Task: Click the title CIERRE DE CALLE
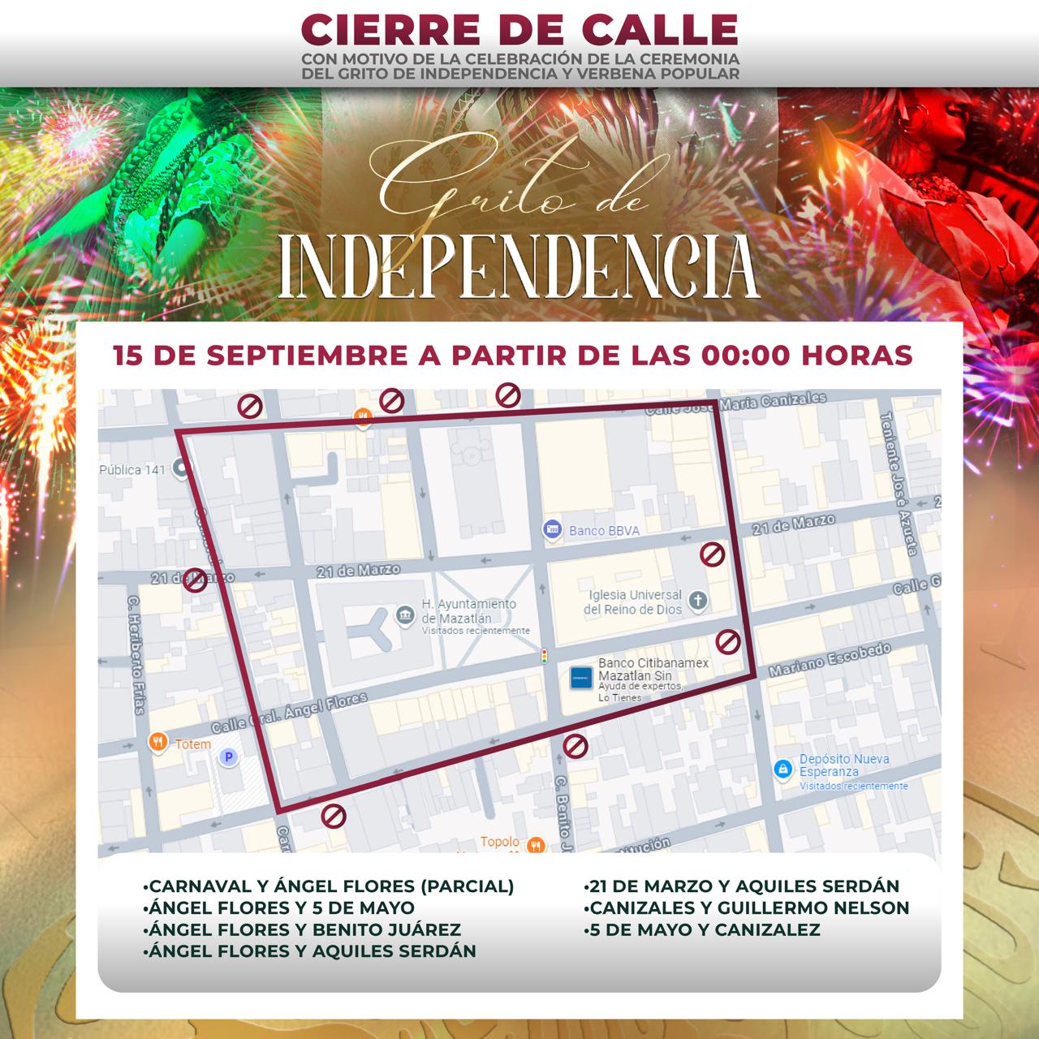519,30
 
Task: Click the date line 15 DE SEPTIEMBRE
513,356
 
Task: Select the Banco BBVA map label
604,531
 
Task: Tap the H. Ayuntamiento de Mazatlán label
468,611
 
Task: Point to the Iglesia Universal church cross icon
697,601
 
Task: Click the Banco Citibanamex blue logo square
581,677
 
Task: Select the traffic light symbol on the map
545,656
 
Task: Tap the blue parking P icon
228,757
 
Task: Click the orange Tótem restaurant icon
157,742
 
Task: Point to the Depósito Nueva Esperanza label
844,765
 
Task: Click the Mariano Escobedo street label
830,659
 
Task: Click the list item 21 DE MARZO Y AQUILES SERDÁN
742,886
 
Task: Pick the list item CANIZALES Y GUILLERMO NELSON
747,908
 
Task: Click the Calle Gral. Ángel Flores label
290,713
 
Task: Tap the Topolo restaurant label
500,842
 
